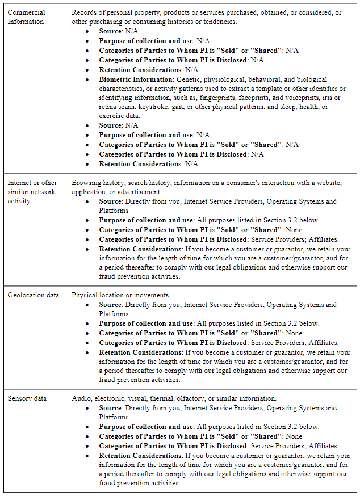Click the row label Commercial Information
point(26,17)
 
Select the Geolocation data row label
point(33,295)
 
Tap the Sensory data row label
point(27,398)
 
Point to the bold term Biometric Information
point(136,79)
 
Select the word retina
point(108,107)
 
